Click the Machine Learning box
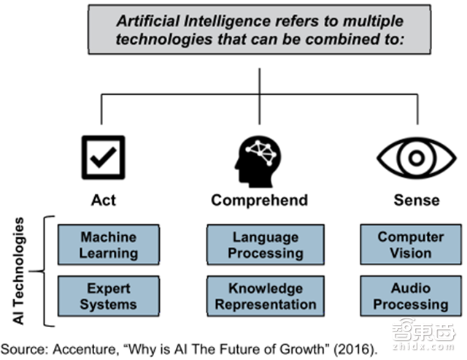coord(109,245)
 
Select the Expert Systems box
coord(109,296)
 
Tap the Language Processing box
coord(266,245)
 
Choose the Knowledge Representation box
coord(266,296)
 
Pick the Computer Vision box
coord(411,245)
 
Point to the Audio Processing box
coord(411,296)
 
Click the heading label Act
coord(104,200)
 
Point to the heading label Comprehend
coord(260,200)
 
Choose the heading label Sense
coord(417,200)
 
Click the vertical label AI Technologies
coord(18,271)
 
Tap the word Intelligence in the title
coord(228,21)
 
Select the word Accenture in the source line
coord(85,349)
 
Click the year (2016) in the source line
coord(355,349)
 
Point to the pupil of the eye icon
coord(417,158)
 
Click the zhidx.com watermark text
coord(423,347)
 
